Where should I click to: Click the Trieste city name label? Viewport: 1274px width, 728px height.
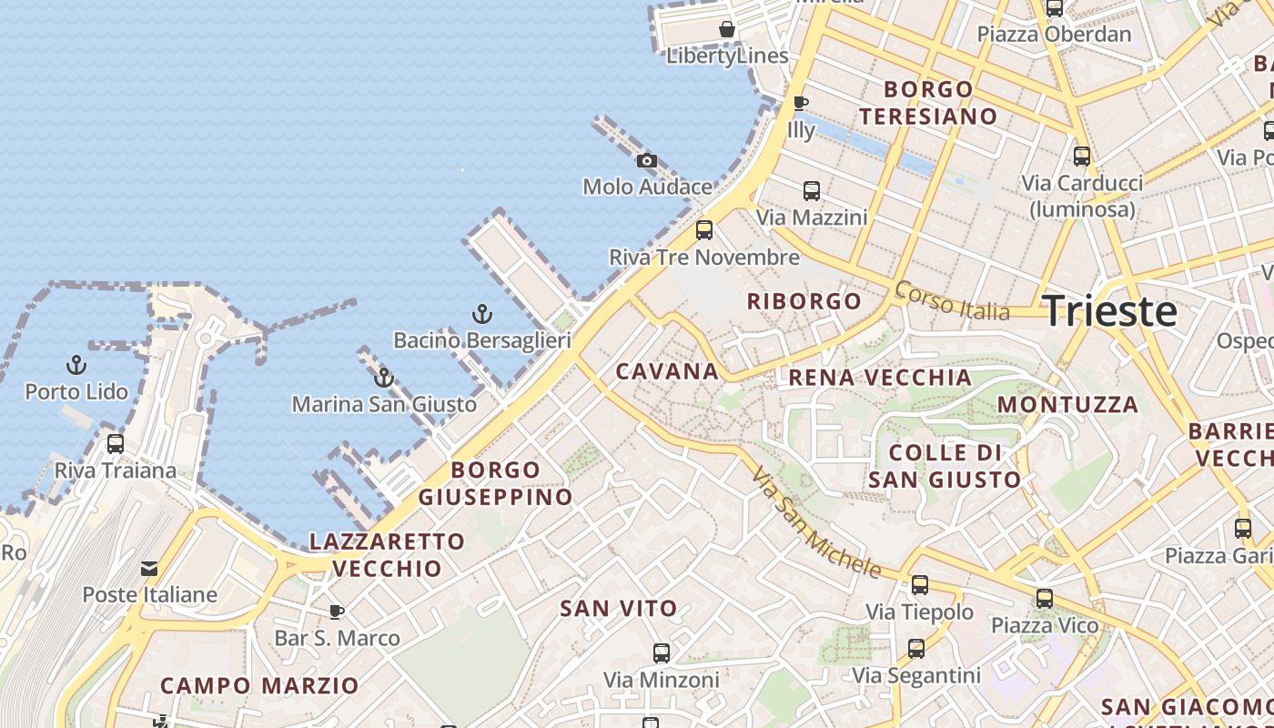1109,311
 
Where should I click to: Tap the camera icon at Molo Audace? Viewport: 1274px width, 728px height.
647,161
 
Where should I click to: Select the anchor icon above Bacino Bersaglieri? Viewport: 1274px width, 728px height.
482,315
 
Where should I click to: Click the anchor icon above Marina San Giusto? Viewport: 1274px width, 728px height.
384,377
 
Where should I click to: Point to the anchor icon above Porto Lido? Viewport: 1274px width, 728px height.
76,366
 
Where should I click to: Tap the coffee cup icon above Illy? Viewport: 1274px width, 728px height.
801,103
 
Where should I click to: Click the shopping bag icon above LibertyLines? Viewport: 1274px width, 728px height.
727,29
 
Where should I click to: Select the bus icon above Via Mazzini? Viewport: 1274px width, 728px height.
812,191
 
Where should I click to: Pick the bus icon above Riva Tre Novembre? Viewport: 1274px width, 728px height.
704,230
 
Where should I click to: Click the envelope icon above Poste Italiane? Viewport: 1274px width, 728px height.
149,569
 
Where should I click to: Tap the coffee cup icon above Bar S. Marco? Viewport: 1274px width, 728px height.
337,612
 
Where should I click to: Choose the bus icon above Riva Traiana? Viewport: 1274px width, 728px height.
116,444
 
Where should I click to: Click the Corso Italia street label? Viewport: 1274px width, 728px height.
952,301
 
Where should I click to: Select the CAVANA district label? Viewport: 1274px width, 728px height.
668,371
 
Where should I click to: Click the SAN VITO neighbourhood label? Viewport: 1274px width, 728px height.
619,609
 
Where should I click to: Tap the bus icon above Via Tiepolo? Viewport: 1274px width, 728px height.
920,585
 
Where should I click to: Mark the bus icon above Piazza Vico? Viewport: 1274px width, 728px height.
1045,599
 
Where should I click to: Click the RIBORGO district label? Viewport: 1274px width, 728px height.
804,301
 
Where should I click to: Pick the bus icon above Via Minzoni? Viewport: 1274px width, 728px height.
662,652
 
